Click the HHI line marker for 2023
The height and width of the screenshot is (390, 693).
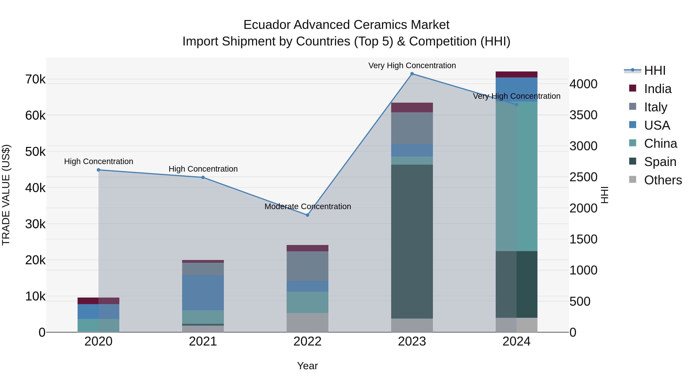(x=412, y=74)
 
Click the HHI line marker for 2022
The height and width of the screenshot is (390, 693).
(x=307, y=215)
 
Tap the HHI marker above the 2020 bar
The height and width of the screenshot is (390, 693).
(x=98, y=170)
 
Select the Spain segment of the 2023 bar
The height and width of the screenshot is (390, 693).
(x=412, y=242)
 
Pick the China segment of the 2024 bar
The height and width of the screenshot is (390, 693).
(x=516, y=176)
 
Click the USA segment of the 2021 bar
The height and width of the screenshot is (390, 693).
(x=203, y=293)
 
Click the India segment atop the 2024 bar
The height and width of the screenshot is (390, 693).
(x=516, y=74)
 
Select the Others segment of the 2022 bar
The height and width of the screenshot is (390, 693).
(x=307, y=322)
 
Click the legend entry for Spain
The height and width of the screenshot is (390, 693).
(x=660, y=162)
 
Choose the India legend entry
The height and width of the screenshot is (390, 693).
(x=658, y=89)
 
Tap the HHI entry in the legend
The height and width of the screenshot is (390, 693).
(x=654, y=70)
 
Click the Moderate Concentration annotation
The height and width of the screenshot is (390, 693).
(x=307, y=206)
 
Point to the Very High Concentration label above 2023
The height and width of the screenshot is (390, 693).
(x=412, y=65)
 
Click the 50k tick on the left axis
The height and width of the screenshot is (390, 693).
(x=35, y=152)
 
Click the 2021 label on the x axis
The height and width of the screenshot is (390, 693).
(x=203, y=341)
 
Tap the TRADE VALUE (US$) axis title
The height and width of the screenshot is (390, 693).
(x=6, y=195)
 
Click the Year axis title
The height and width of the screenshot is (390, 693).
(x=307, y=366)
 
